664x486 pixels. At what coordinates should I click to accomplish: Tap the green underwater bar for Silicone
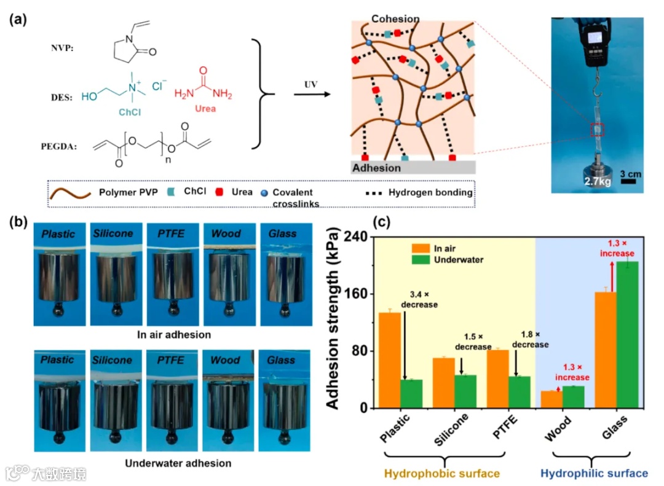[x=465, y=391]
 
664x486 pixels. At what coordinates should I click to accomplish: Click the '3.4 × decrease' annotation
[x=419, y=300]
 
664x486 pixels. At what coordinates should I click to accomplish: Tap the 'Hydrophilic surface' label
[x=594, y=473]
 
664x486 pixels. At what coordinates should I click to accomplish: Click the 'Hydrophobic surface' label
[x=441, y=473]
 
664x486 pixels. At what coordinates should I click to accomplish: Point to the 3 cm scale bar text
[x=630, y=174]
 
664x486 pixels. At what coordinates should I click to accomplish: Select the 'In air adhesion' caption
[x=174, y=335]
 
